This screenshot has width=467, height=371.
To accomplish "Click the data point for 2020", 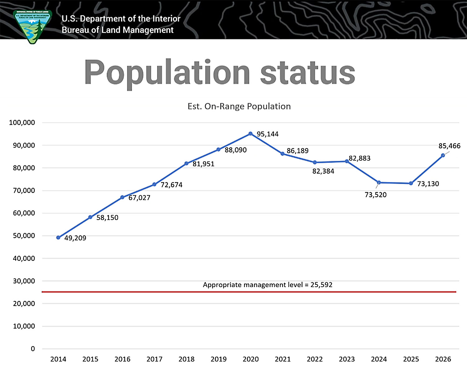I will (250, 134).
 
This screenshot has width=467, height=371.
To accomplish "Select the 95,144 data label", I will (267, 134).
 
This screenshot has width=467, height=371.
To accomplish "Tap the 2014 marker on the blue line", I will (58, 238).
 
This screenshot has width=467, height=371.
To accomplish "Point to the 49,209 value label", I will (75, 238).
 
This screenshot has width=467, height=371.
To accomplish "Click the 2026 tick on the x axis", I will (443, 359).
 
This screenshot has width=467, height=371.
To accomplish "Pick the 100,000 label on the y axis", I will (22, 123).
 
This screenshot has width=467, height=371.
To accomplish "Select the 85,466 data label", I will (449, 146).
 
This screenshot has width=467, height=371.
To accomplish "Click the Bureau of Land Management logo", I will (32, 27).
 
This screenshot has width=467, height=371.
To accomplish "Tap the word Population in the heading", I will (167, 73).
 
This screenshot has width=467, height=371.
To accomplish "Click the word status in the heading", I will (307, 73).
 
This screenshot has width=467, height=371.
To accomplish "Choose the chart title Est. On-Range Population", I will (239, 106).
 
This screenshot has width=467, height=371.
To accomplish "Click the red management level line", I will (249, 292).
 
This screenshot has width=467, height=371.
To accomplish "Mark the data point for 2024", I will (379, 183).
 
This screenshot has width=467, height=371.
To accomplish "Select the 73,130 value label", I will (428, 184).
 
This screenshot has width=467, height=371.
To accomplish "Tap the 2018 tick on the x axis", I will (186, 359).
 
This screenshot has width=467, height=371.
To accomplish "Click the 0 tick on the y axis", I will (33, 349).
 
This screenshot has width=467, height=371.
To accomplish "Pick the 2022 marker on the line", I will (315, 162).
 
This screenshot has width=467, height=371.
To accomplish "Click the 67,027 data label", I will (139, 198).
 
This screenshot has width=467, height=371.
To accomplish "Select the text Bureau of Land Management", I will (117, 30).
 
